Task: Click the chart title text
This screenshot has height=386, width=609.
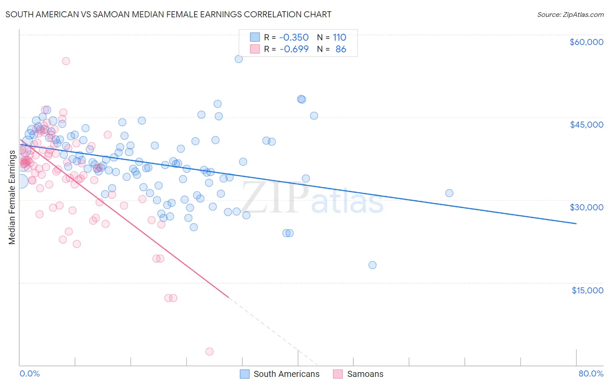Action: coord(168,14)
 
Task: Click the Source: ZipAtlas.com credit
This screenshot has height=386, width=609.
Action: coord(570,14)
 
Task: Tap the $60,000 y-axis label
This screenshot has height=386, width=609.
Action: coord(586,42)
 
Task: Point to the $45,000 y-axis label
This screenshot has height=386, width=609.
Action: coord(586,125)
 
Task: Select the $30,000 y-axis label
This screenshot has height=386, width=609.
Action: coord(586,207)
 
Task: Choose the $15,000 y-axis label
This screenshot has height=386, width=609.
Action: coord(587,290)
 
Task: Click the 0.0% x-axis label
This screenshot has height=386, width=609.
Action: coord(29,373)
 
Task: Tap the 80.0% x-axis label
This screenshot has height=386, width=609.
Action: coord(591,373)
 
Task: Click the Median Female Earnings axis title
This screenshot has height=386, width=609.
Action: coord(12,197)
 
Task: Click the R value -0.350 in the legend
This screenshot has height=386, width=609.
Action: coord(294,38)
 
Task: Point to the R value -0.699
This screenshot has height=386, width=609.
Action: coord(294,49)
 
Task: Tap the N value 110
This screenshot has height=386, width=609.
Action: coord(339,38)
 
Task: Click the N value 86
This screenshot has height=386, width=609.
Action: coord(341,49)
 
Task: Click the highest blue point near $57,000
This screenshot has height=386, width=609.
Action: coord(239,59)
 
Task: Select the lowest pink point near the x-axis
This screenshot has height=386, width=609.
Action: coord(210,351)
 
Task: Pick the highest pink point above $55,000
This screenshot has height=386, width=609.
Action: coord(66,61)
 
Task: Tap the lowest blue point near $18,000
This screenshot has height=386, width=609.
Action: coord(373,265)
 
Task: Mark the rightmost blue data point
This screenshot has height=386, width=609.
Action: coord(449,193)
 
